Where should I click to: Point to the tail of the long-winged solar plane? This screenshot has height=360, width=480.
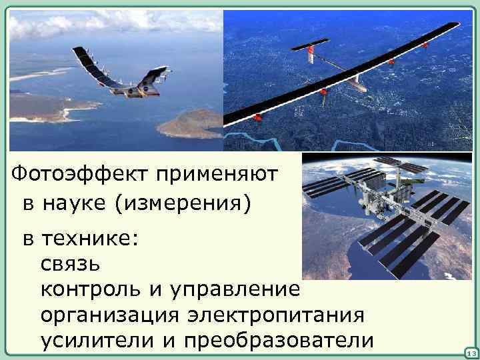click(313, 48)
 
